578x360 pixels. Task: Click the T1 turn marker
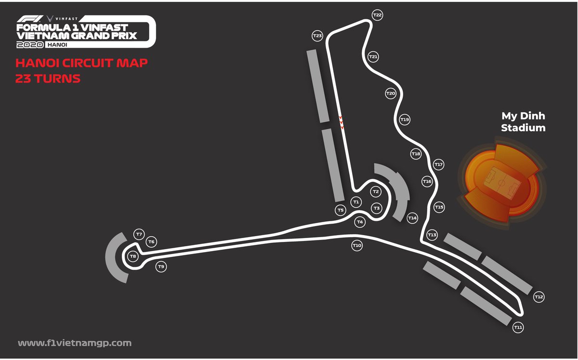(356, 201)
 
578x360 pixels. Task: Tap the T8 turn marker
(133, 256)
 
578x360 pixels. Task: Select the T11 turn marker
(518, 328)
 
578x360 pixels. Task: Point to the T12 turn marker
(539, 297)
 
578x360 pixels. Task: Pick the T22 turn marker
(378, 15)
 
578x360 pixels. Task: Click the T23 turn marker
(317, 36)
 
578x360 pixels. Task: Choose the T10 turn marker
(356, 246)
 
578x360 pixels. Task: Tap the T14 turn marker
(412, 218)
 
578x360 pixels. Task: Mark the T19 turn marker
(405, 119)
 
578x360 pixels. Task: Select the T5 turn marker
(341, 210)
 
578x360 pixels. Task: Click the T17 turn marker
(438, 165)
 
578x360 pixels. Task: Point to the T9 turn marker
(161, 267)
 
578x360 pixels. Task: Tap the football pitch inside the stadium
(501, 183)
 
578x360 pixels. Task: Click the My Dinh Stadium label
(523, 122)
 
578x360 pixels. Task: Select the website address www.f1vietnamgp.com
(75, 343)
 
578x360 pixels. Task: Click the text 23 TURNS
(48, 79)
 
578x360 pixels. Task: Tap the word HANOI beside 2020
(56, 44)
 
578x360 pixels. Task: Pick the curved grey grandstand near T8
(114, 257)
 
